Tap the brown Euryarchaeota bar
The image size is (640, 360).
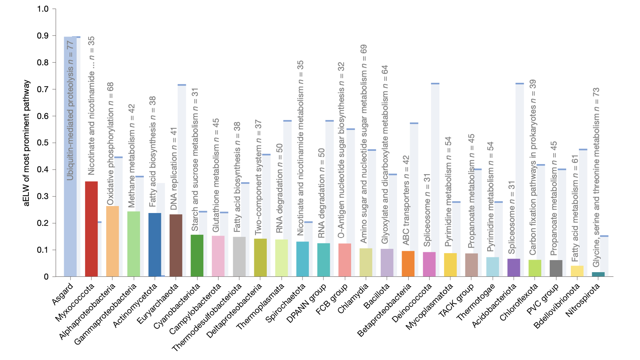(176, 245)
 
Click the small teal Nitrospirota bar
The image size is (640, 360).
(598, 274)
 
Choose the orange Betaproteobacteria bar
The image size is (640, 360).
(408, 264)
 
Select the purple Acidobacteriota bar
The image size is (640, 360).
(514, 267)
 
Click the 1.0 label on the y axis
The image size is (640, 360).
(43, 9)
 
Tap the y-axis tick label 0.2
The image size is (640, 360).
(43, 223)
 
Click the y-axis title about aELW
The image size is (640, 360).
(26, 143)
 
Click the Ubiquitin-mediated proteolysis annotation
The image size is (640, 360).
(70, 111)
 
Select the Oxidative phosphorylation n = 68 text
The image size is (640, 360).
(110, 143)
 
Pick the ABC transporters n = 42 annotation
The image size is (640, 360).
(406, 200)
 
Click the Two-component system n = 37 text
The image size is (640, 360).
(258, 177)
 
